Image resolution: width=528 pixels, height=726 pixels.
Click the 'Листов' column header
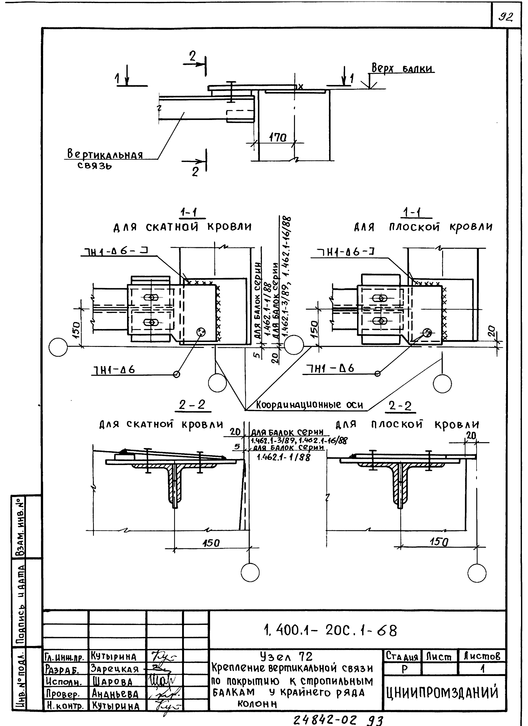point(482,657)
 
